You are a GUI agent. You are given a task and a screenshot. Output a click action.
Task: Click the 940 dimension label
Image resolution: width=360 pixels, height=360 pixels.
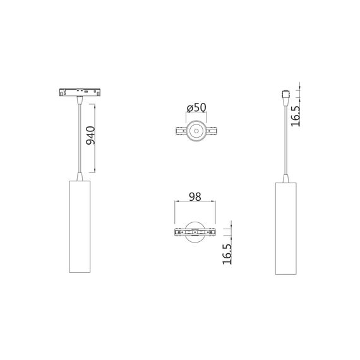pos(90,136)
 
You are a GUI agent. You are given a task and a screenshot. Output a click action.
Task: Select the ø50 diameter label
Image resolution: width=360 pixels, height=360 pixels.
pos(196,107)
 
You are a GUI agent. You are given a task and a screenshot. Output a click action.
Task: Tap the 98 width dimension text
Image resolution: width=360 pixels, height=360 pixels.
pos(195,196)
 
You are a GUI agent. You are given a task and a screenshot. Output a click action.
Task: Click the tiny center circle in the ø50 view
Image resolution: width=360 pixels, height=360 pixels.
pos(195,132)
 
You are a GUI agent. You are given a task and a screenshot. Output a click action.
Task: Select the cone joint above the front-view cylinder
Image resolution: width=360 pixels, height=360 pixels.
pos(79,175)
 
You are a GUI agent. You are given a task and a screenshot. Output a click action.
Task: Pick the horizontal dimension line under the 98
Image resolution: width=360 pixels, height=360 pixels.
pos(195,203)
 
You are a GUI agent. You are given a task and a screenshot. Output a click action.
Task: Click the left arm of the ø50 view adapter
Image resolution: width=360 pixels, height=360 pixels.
pos(180,132)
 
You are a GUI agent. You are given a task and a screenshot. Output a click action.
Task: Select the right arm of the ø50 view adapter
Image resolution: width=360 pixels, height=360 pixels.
pos(211,132)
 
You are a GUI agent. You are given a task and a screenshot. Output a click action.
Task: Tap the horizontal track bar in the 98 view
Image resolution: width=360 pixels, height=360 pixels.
pos(195,233)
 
